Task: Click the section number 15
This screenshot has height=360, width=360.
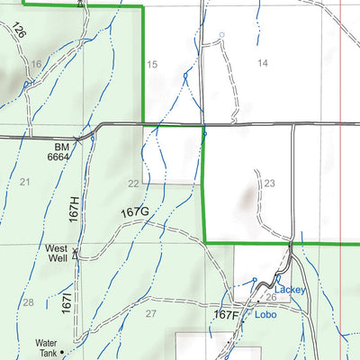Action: pos(152,64)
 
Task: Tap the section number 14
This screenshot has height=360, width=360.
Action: pos(263,62)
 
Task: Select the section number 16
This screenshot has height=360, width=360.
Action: pos(36,63)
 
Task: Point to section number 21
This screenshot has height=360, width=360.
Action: pos(24,183)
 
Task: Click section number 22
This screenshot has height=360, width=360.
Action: pos(133,184)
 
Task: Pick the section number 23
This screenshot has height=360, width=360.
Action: pos(268,183)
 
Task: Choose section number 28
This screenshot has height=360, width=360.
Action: pos(28,302)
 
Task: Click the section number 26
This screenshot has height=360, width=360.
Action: pos(271,297)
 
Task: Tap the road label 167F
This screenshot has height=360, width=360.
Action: pos(227,315)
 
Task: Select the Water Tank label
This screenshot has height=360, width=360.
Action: pos(46,347)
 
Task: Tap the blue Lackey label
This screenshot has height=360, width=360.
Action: pos(291,290)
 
